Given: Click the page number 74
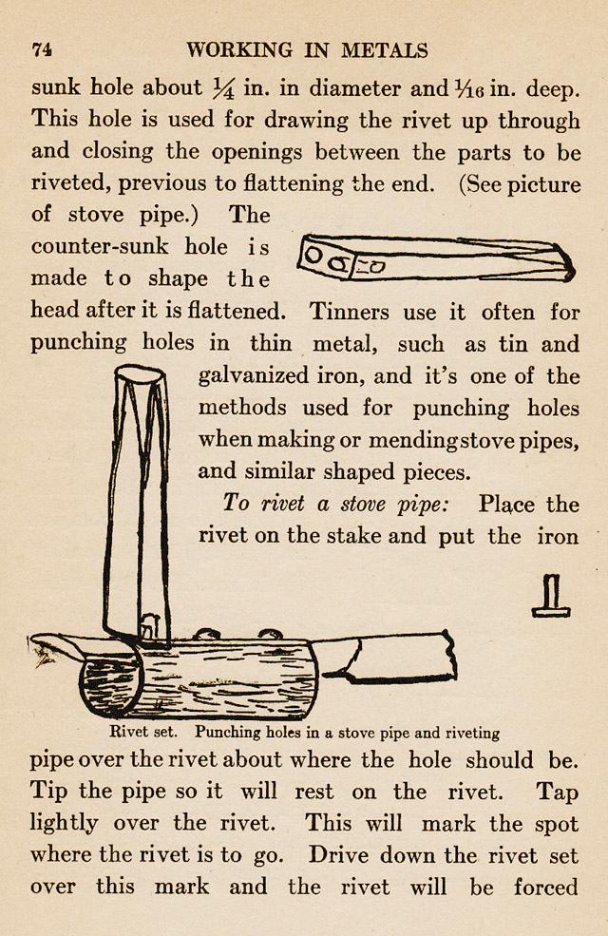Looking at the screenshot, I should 41,50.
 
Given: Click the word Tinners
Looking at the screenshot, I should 346,311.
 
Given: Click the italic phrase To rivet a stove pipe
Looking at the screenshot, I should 333,504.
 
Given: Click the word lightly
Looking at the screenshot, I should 64,824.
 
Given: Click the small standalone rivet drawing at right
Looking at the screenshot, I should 550,596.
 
